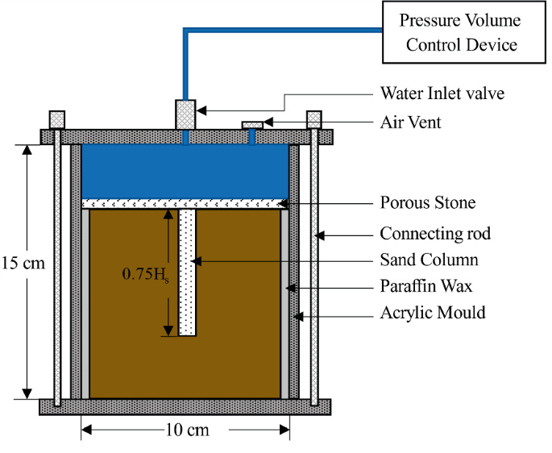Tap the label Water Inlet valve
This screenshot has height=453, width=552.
(x=442, y=94)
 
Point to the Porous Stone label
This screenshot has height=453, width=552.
(x=428, y=202)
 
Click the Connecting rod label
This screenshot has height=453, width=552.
(x=435, y=234)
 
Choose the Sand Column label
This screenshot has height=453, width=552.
(x=429, y=260)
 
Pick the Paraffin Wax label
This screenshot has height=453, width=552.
(x=426, y=285)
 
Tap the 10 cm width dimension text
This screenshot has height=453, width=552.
(x=186, y=429)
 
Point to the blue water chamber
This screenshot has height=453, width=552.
(x=186, y=170)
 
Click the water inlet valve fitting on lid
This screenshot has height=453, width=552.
(x=186, y=114)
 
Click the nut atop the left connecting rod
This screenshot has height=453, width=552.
(x=57, y=119)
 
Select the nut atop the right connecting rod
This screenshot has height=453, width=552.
(x=314, y=119)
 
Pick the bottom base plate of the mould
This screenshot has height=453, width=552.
(x=186, y=406)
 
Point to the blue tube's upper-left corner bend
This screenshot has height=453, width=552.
(x=186, y=31)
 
